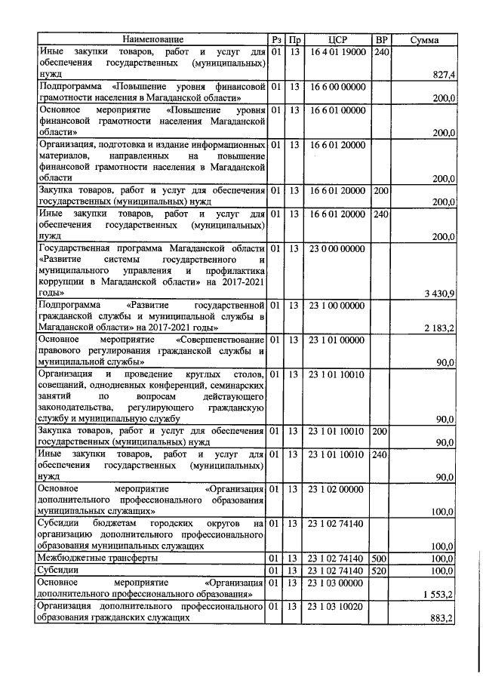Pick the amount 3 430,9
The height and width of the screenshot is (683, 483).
point(438,292)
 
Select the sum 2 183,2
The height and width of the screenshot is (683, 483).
point(438,328)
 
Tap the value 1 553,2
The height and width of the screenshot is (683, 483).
point(438,594)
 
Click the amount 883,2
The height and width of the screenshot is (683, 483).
point(442,618)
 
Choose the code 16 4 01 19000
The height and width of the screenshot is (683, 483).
point(337,51)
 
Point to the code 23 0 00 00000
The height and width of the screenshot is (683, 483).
point(337,249)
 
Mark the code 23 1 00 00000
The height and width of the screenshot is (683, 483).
point(337,304)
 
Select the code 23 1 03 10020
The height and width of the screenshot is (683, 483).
point(337,606)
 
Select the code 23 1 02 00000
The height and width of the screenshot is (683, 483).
point(337,489)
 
